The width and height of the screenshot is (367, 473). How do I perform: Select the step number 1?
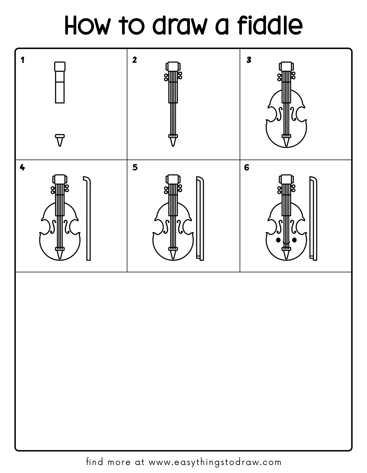(23, 60)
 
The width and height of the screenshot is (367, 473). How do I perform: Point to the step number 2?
(134, 60)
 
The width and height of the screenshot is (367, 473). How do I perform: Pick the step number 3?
(249, 60)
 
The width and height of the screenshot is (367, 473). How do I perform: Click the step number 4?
(22, 167)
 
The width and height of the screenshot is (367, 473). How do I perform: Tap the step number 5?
(135, 167)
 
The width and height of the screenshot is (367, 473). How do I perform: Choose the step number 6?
(247, 167)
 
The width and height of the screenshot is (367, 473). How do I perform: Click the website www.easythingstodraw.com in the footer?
(215, 462)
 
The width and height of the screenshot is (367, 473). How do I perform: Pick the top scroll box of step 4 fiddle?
(60, 179)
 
